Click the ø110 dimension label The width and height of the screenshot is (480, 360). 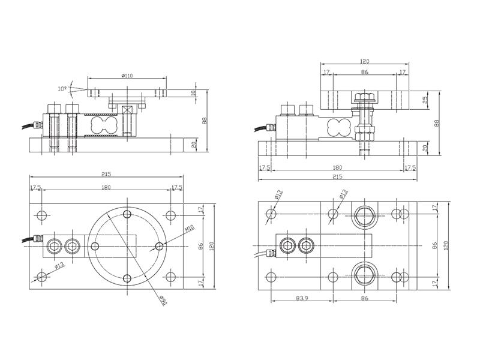click(x=127, y=76)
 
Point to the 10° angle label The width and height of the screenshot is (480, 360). click(x=62, y=89)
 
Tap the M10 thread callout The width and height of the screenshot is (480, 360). click(x=190, y=229)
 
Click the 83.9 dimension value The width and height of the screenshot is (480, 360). click(x=302, y=298)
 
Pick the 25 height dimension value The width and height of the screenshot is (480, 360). click(x=425, y=100)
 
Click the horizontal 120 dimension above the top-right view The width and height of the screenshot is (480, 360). click(x=365, y=61)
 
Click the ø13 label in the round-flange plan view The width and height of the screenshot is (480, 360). click(x=59, y=265)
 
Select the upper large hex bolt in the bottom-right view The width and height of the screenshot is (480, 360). click(x=364, y=215)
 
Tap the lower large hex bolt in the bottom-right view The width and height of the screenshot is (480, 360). click(x=364, y=275)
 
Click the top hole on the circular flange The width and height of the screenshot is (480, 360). click(x=127, y=214)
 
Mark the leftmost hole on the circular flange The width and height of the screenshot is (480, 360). click(x=95, y=246)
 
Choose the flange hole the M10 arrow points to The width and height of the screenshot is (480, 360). click(x=159, y=246)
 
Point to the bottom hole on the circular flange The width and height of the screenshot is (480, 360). click(x=127, y=278)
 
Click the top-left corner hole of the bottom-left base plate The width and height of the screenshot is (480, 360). click(x=42, y=215)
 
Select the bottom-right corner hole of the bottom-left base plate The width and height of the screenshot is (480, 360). click(x=170, y=277)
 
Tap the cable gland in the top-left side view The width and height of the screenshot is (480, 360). click(x=37, y=125)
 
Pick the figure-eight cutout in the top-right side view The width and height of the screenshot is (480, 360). click(x=338, y=127)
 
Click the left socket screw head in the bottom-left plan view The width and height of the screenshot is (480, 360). click(x=54, y=246)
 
